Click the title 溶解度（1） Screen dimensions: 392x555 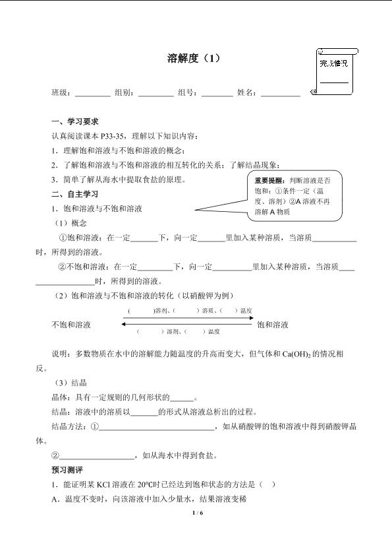tap(196, 59)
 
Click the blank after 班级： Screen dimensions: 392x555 tap(93, 93)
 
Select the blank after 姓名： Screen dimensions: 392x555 tap(280, 93)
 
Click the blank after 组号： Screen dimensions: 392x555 tap(217, 93)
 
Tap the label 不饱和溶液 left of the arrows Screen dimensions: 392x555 tap(71, 325)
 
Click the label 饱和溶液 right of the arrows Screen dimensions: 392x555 tap(273, 325)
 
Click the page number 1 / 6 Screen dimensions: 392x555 tap(196, 513)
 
